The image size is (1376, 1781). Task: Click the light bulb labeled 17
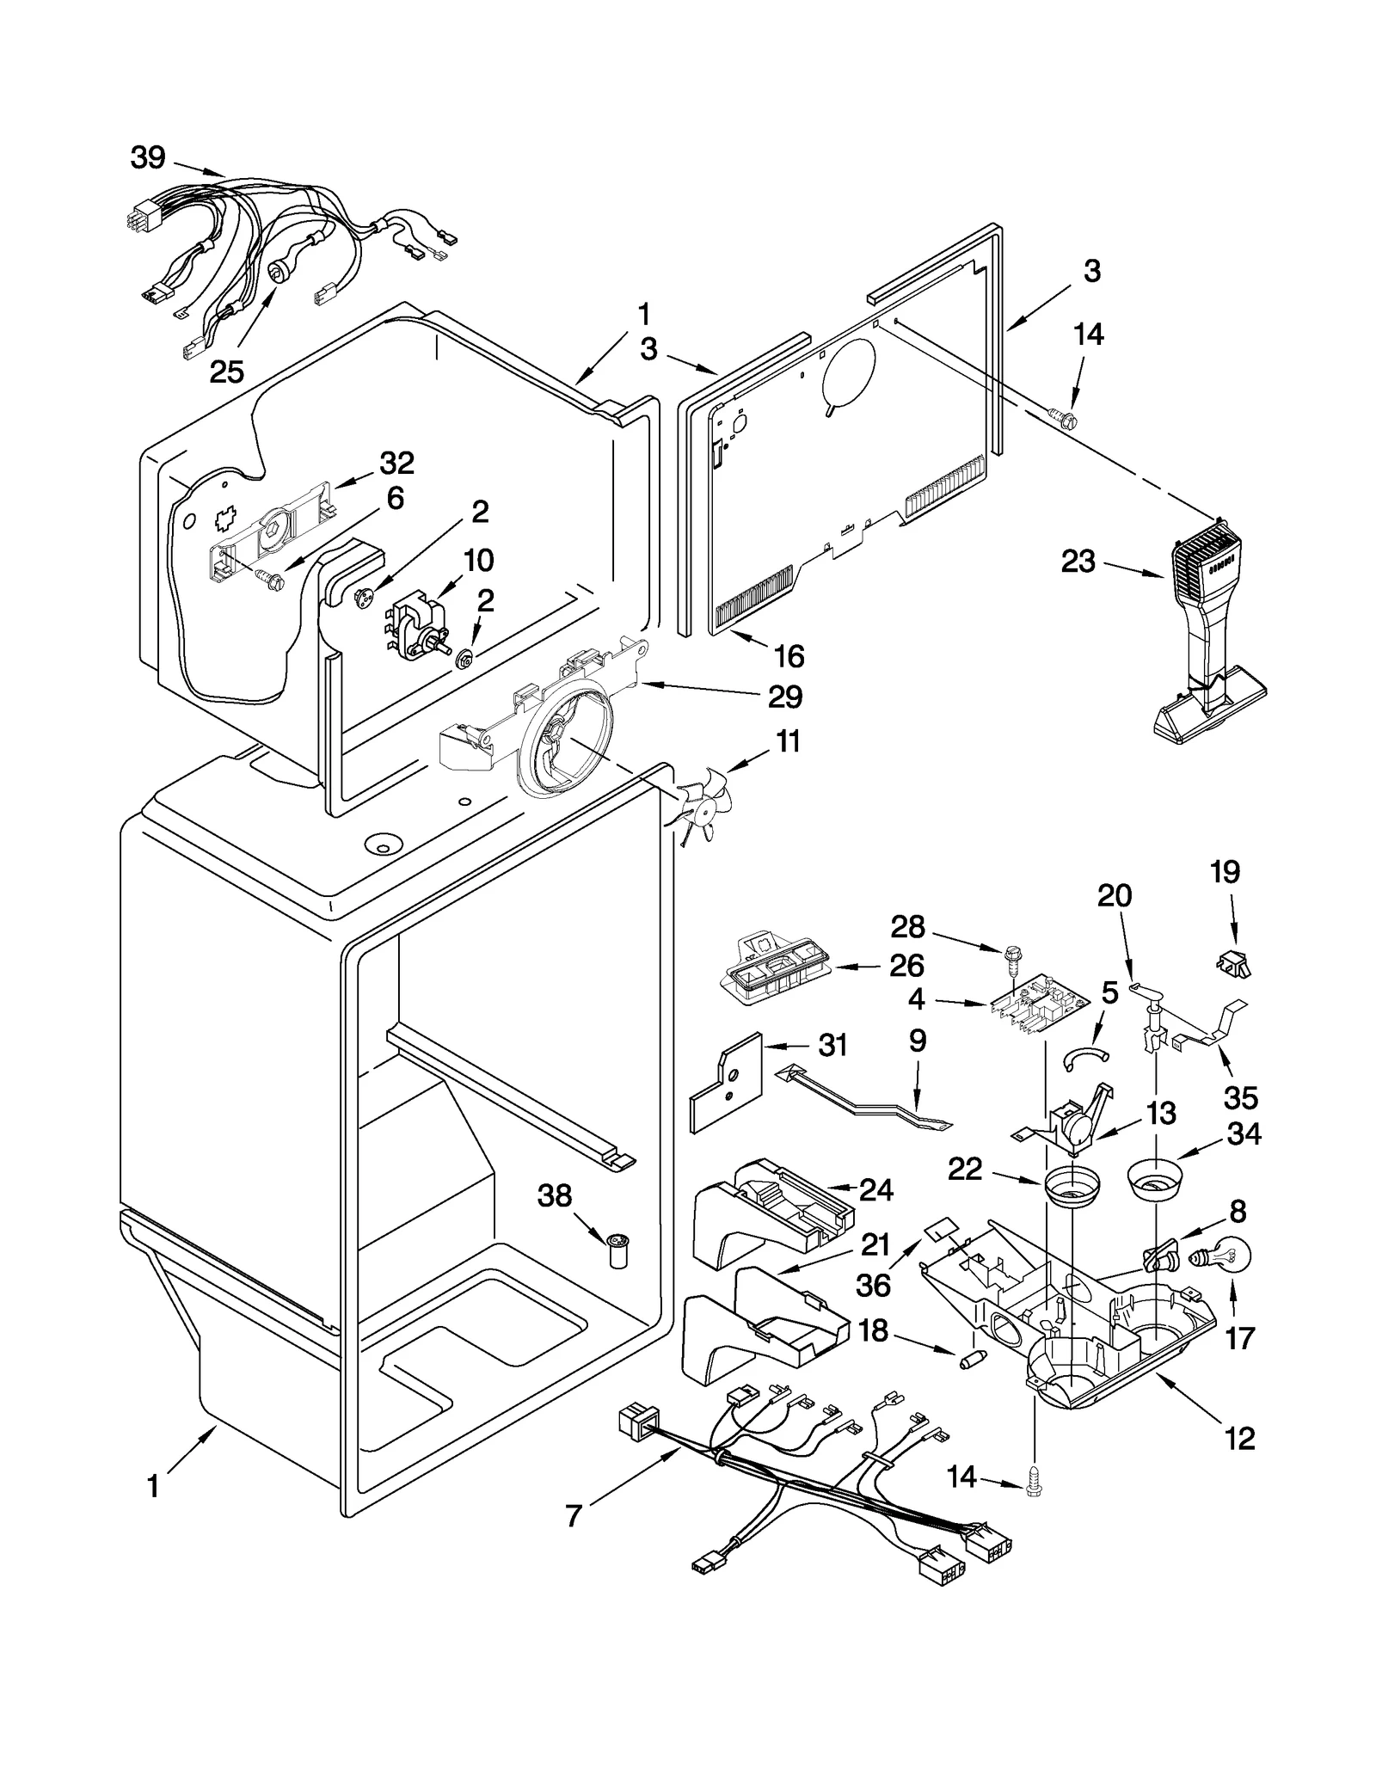pyautogui.click(x=1221, y=1257)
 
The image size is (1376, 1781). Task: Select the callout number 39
pyautogui.click(x=148, y=157)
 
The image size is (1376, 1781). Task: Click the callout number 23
pyautogui.click(x=1078, y=562)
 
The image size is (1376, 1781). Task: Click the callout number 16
pyautogui.click(x=789, y=656)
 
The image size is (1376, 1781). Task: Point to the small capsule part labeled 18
pyautogui.click(x=968, y=1362)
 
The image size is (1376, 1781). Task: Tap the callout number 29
pyautogui.click(x=784, y=697)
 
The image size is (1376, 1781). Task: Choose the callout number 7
pyautogui.click(x=574, y=1515)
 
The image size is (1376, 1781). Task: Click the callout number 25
pyautogui.click(x=226, y=372)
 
